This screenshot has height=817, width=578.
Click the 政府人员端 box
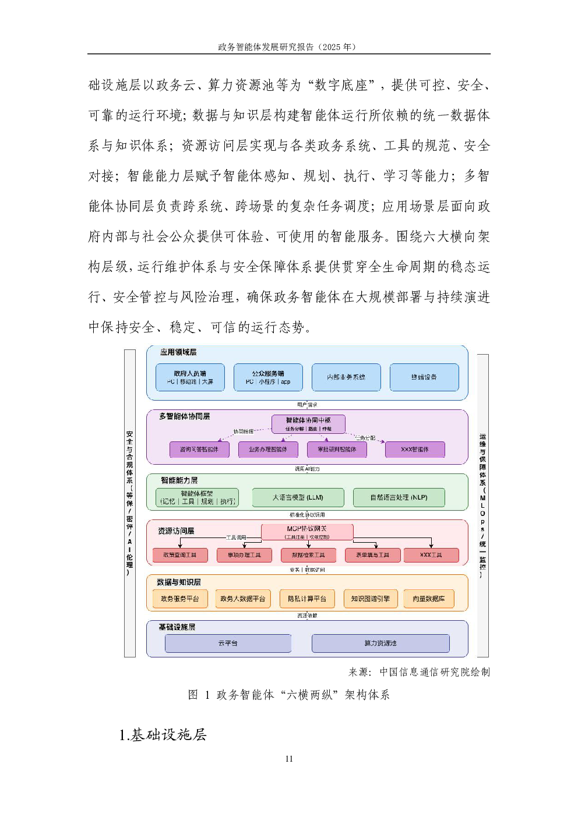[x=190, y=377]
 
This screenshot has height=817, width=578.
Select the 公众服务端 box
[x=268, y=377]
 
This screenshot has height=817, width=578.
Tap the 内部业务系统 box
[x=346, y=377]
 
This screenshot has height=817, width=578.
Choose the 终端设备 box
[x=424, y=377]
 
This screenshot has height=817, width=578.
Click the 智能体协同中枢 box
[x=308, y=423]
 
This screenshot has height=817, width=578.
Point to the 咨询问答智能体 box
[x=199, y=450]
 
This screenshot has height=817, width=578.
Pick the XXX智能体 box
[x=415, y=450]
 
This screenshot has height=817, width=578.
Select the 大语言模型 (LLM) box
[x=298, y=497]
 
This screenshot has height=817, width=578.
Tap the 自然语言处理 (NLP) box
[x=399, y=497]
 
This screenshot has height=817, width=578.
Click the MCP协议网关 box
[x=307, y=532]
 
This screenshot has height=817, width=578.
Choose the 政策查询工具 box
[x=179, y=555]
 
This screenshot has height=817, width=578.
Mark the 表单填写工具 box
[x=372, y=555]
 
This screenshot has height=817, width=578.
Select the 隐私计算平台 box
[x=307, y=599]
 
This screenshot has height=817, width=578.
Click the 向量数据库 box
[x=428, y=599]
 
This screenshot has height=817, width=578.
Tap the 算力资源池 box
[x=380, y=643]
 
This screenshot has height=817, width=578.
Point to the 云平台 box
[x=228, y=643]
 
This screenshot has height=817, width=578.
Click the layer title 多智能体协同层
[x=184, y=416]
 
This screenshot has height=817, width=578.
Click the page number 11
[x=289, y=758]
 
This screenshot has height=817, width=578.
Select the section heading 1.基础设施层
[x=163, y=735]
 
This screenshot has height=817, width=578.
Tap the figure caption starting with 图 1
[x=289, y=695]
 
